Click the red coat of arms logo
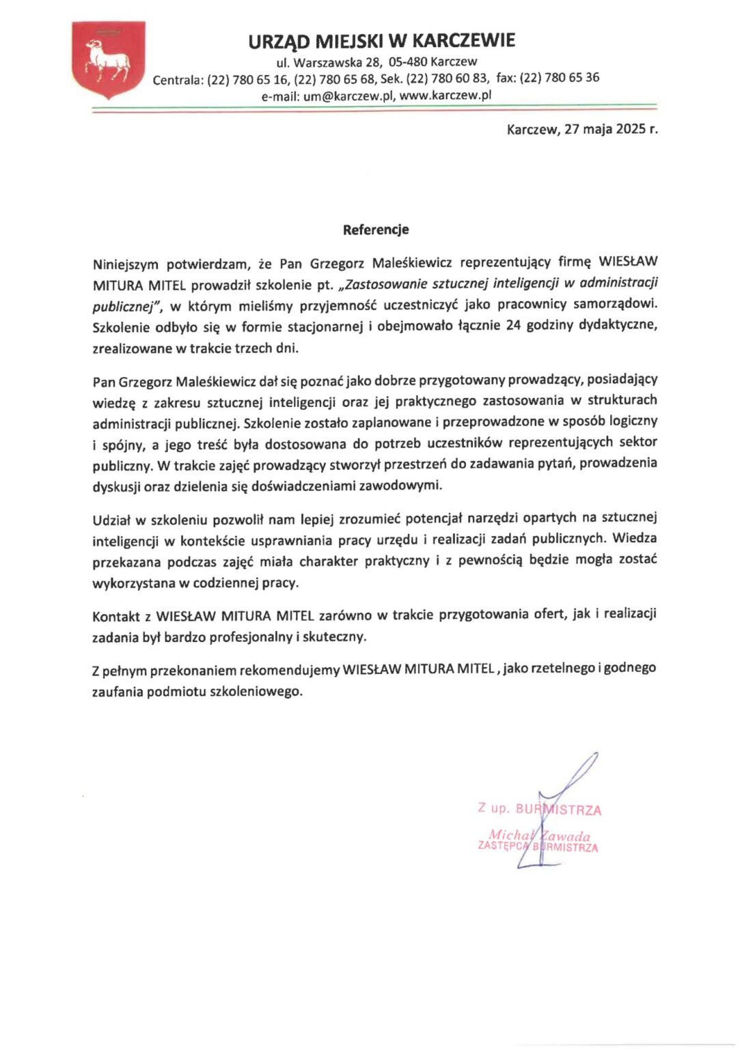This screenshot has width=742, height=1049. pos(108,60)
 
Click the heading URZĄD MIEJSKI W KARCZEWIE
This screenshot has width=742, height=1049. pos(381,42)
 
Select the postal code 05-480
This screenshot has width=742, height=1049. pos(408,61)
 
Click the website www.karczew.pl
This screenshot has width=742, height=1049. pos(445,96)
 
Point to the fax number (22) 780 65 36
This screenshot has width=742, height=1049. pos(560,78)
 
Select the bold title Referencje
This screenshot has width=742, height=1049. pos(376,229)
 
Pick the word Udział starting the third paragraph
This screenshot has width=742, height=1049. pos(111,520)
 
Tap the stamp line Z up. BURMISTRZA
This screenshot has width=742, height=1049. pos(540,809)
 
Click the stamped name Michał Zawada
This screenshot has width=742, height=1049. pos(539,835)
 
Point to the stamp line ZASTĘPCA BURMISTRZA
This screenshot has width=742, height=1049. pos(538,847)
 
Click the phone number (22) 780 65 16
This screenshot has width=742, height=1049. pos(248,80)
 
